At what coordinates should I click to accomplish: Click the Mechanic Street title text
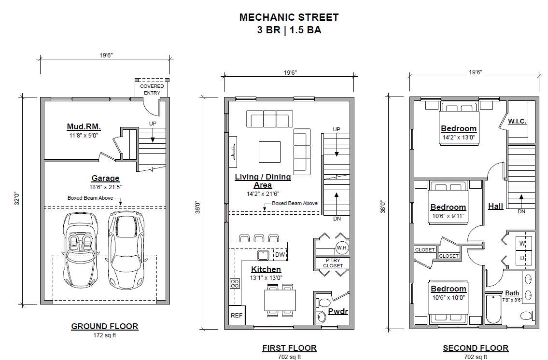[x=289, y=17]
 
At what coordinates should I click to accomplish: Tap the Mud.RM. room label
[x=84, y=126]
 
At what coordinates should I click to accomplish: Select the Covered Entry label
[x=152, y=89]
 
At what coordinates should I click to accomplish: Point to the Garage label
[x=105, y=179]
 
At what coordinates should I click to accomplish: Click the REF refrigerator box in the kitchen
[x=237, y=315]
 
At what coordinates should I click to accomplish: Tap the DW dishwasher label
[x=280, y=255]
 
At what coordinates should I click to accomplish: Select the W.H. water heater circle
[x=342, y=248]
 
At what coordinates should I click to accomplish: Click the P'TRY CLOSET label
[x=333, y=263]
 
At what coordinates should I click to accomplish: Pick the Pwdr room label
[x=338, y=311]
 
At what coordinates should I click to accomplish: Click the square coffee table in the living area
[x=269, y=152]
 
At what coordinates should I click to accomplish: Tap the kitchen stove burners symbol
[x=235, y=283]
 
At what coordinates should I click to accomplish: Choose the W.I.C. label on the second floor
[x=517, y=121]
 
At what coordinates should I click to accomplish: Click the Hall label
[x=495, y=207]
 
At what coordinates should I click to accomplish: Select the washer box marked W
[x=523, y=243]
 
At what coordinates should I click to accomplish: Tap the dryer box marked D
[x=523, y=258]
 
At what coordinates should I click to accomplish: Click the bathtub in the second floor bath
[x=493, y=309]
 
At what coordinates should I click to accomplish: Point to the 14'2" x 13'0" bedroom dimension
[x=459, y=138]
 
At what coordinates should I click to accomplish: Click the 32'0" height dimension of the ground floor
[x=17, y=198]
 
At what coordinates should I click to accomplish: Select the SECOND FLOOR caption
[x=475, y=348]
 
